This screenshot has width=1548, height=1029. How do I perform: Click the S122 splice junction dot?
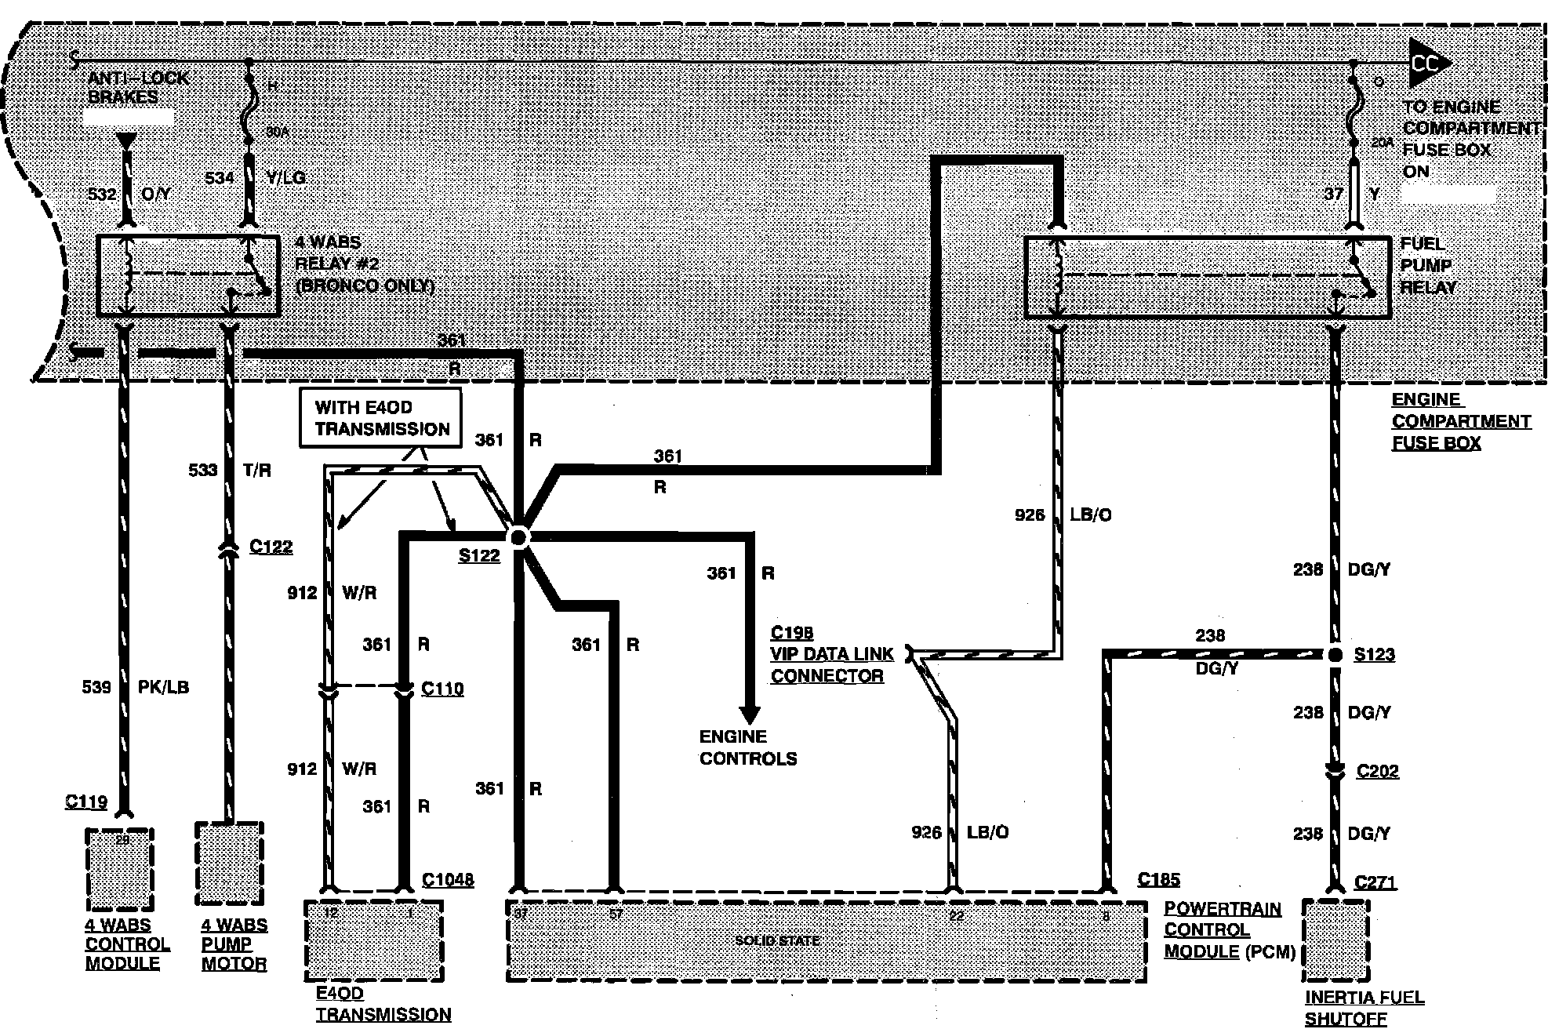tap(518, 537)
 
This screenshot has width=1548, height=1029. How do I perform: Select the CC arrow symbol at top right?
tap(1428, 64)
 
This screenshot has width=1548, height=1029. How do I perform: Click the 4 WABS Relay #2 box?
tap(187, 275)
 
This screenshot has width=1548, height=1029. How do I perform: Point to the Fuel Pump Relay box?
tap(1208, 277)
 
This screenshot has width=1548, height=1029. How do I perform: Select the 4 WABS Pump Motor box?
tap(229, 864)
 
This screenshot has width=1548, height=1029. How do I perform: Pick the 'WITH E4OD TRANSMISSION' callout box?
tap(381, 419)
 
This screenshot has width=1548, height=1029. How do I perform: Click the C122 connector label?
tap(271, 547)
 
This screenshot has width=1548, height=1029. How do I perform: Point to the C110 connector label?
tap(442, 689)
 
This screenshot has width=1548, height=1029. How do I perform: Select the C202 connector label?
tap(1377, 771)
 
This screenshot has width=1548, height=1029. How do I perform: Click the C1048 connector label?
tap(448, 880)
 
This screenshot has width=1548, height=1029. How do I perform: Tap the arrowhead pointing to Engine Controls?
tap(750, 714)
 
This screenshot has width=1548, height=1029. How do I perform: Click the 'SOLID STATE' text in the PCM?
tap(777, 940)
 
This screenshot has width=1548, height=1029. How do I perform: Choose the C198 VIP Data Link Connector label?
tap(831, 654)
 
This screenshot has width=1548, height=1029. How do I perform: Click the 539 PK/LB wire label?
tap(135, 687)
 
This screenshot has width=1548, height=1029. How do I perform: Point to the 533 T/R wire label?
tap(229, 470)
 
